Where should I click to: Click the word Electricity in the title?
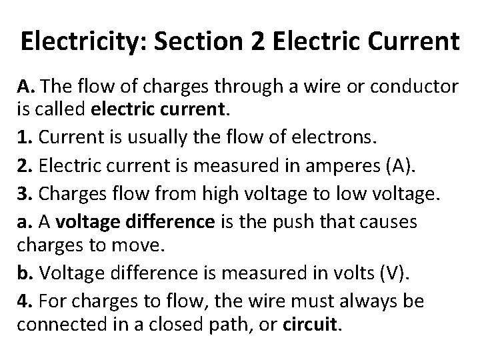[77, 41]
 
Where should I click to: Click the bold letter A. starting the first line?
[25, 87]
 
